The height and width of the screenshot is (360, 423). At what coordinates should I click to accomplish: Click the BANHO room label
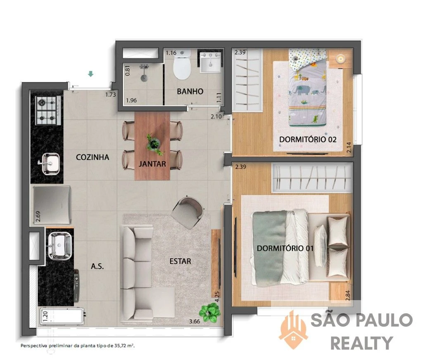(190, 91)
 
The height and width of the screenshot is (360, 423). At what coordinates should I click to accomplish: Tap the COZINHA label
(93, 157)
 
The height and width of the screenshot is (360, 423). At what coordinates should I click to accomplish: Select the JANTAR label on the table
(152, 163)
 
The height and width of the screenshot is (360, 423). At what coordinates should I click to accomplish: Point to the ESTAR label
(180, 261)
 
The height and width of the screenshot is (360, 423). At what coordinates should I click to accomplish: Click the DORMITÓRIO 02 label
(308, 140)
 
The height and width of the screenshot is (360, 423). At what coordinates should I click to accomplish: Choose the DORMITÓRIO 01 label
(285, 248)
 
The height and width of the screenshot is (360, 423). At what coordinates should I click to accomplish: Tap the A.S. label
(97, 266)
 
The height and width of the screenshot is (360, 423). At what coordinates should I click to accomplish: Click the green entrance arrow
(91, 74)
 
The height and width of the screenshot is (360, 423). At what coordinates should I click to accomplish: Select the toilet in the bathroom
(182, 65)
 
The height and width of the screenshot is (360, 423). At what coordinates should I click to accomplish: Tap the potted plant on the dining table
(154, 144)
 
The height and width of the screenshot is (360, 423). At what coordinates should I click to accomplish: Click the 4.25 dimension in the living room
(217, 296)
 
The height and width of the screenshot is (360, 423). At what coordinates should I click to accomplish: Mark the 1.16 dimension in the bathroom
(171, 53)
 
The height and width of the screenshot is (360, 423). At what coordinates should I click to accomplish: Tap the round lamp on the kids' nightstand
(340, 59)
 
